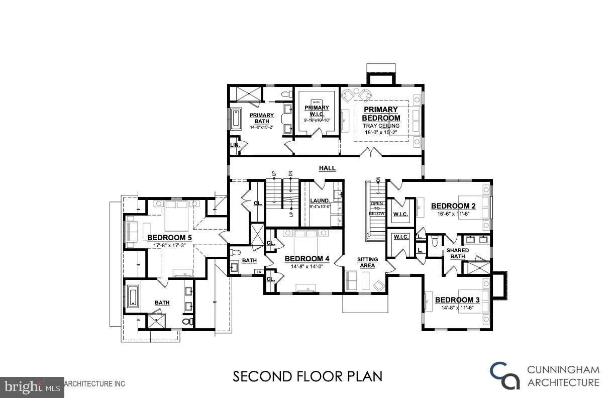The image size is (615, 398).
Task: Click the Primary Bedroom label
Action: pos(381,114)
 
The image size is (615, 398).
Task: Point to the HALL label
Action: pos(327,168)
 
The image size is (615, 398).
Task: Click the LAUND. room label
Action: pos(320,201)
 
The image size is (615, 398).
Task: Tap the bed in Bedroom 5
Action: pos(175,216)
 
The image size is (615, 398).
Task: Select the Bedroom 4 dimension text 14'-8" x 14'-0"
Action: pos(306,267)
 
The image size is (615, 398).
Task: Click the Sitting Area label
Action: pos(367,262)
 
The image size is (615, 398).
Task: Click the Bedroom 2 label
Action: pos(453,206)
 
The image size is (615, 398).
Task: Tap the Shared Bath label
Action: pos(457,253)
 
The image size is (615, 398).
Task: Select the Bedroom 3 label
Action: pos(457,300)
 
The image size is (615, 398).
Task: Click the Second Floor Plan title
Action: pos(307,376)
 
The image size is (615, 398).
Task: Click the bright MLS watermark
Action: pos(32,386)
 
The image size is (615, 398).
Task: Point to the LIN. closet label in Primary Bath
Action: pos(235,145)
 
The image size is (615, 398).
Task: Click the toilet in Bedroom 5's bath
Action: pos(187,321)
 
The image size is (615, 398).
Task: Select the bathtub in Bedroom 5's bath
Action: pos(133,296)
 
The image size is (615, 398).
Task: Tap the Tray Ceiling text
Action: pos(381,126)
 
